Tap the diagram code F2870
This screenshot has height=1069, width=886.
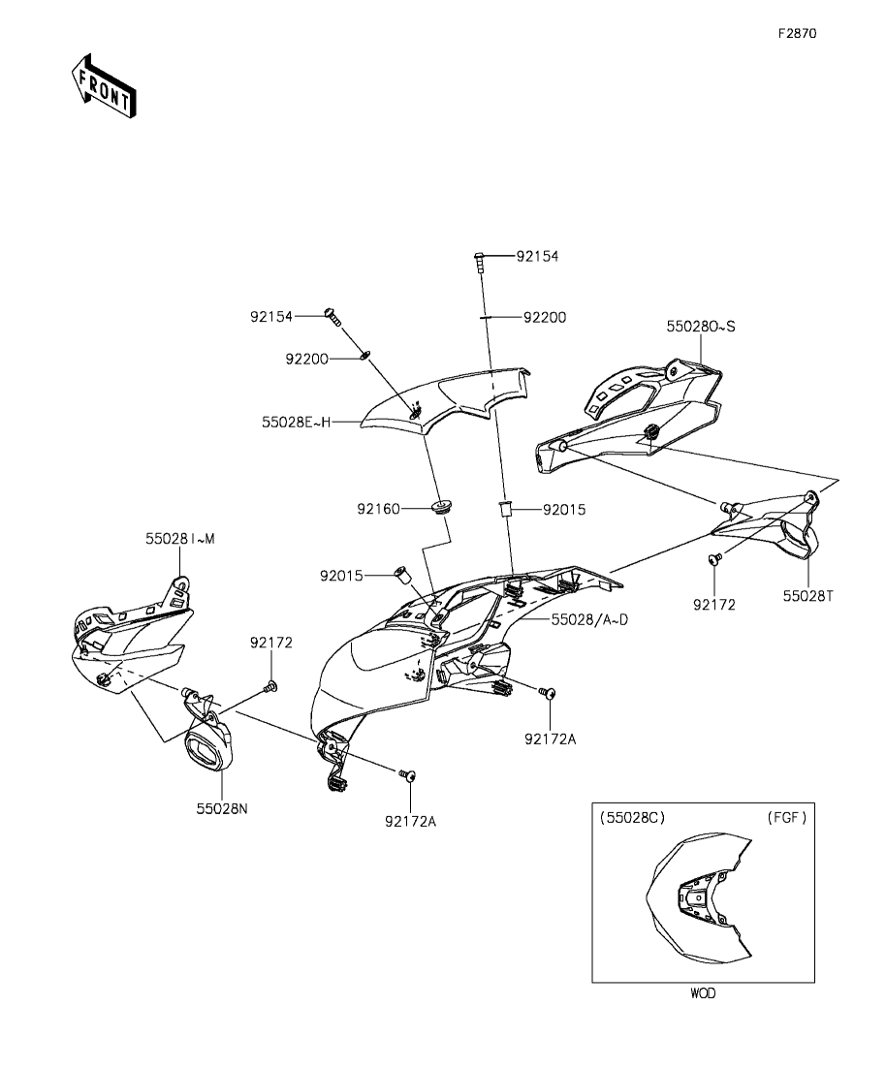[x=797, y=33]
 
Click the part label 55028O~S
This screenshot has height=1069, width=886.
[x=700, y=327]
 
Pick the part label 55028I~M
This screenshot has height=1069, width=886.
[x=180, y=539]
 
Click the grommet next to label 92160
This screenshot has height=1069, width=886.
[x=442, y=505]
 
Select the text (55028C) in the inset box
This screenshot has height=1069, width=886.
[x=632, y=817]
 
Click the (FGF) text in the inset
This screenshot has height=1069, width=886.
[x=786, y=817]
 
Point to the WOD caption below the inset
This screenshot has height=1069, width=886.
[x=703, y=993]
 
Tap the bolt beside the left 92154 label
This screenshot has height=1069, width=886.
[x=334, y=316]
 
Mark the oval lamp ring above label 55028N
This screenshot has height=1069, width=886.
[x=211, y=747]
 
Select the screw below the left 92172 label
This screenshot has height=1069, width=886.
[x=270, y=687]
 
